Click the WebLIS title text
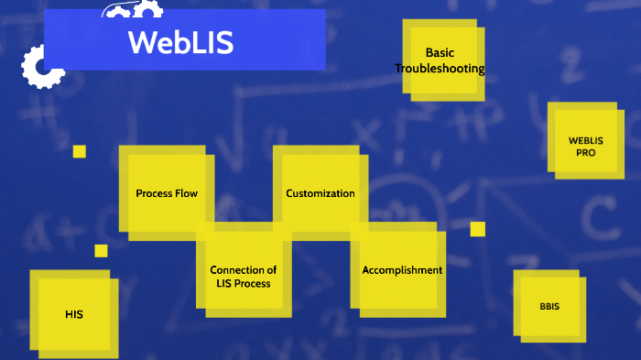pyautogui.click(x=180, y=43)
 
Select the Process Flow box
pyautogui.click(x=167, y=194)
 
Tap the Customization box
pyautogui.click(x=320, y=194)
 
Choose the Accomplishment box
pyautogui.click(x=401, y=270)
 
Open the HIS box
pyautogui.click(x=74, y=314)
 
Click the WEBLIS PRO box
pyautogui.click(x=585, y=147)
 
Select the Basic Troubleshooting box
pyautogui.click(x=440, y=60)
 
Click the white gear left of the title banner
pyautogui.click(x=40, y=66)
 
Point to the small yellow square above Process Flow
pyautogui.click(x=80, y=151)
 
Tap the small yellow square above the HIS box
pyautogui.click(x=101, y=251)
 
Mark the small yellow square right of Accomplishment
pyautogui.click(x=478, y=229)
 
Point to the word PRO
pyautogui.click(x=586, y=153)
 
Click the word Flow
pyautogui.click(x=183, y=194)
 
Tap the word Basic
pyautogui.click(x=440, y=53)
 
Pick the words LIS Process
pyautogui.click(x=244, y=284)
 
